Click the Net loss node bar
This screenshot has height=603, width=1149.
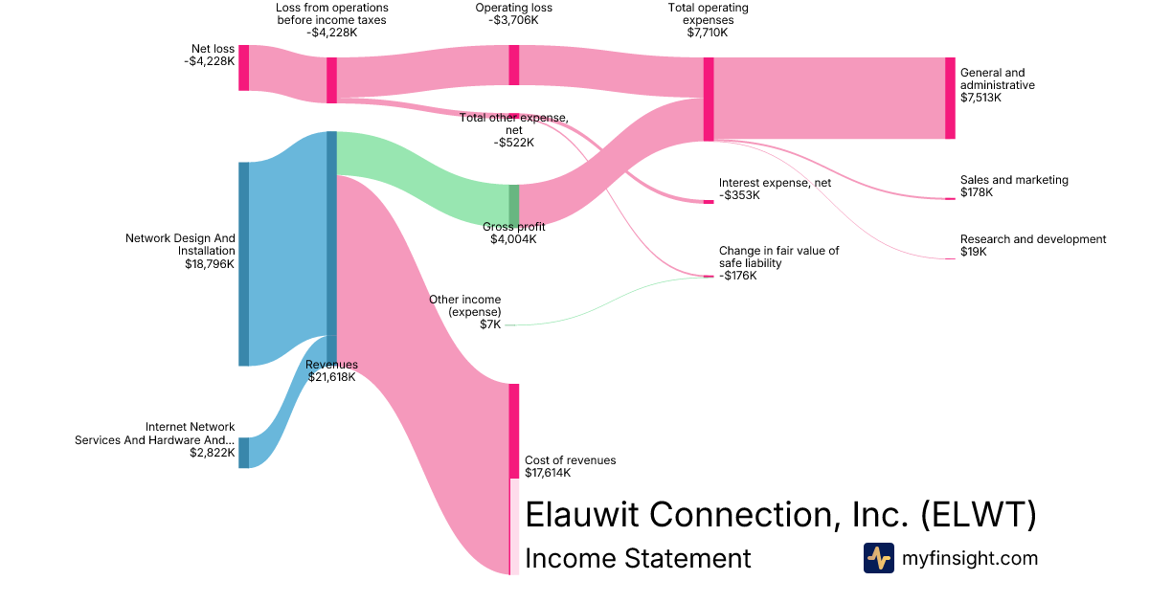(243, 67)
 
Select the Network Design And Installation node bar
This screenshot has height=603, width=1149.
(243, 263)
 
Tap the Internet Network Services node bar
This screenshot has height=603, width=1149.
(243, 453)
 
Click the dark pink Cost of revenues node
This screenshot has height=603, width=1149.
(514, 431)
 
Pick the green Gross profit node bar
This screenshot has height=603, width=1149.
(514, 204)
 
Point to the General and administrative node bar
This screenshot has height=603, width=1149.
(950, 98)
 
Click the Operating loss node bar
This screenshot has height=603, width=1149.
(514, 64)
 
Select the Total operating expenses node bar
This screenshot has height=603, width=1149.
(709, 99)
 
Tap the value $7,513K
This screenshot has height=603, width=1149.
(980, 98)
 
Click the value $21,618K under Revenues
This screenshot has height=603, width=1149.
(331, 377)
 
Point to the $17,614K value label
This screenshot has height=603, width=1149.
(548, 473)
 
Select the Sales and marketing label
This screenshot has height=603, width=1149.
(1014, 180)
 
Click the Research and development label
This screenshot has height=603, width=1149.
(1032, 239)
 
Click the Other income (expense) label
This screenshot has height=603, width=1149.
(464, 306)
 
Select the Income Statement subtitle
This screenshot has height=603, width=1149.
(638, 558)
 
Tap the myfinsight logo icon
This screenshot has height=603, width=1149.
(878, 558)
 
